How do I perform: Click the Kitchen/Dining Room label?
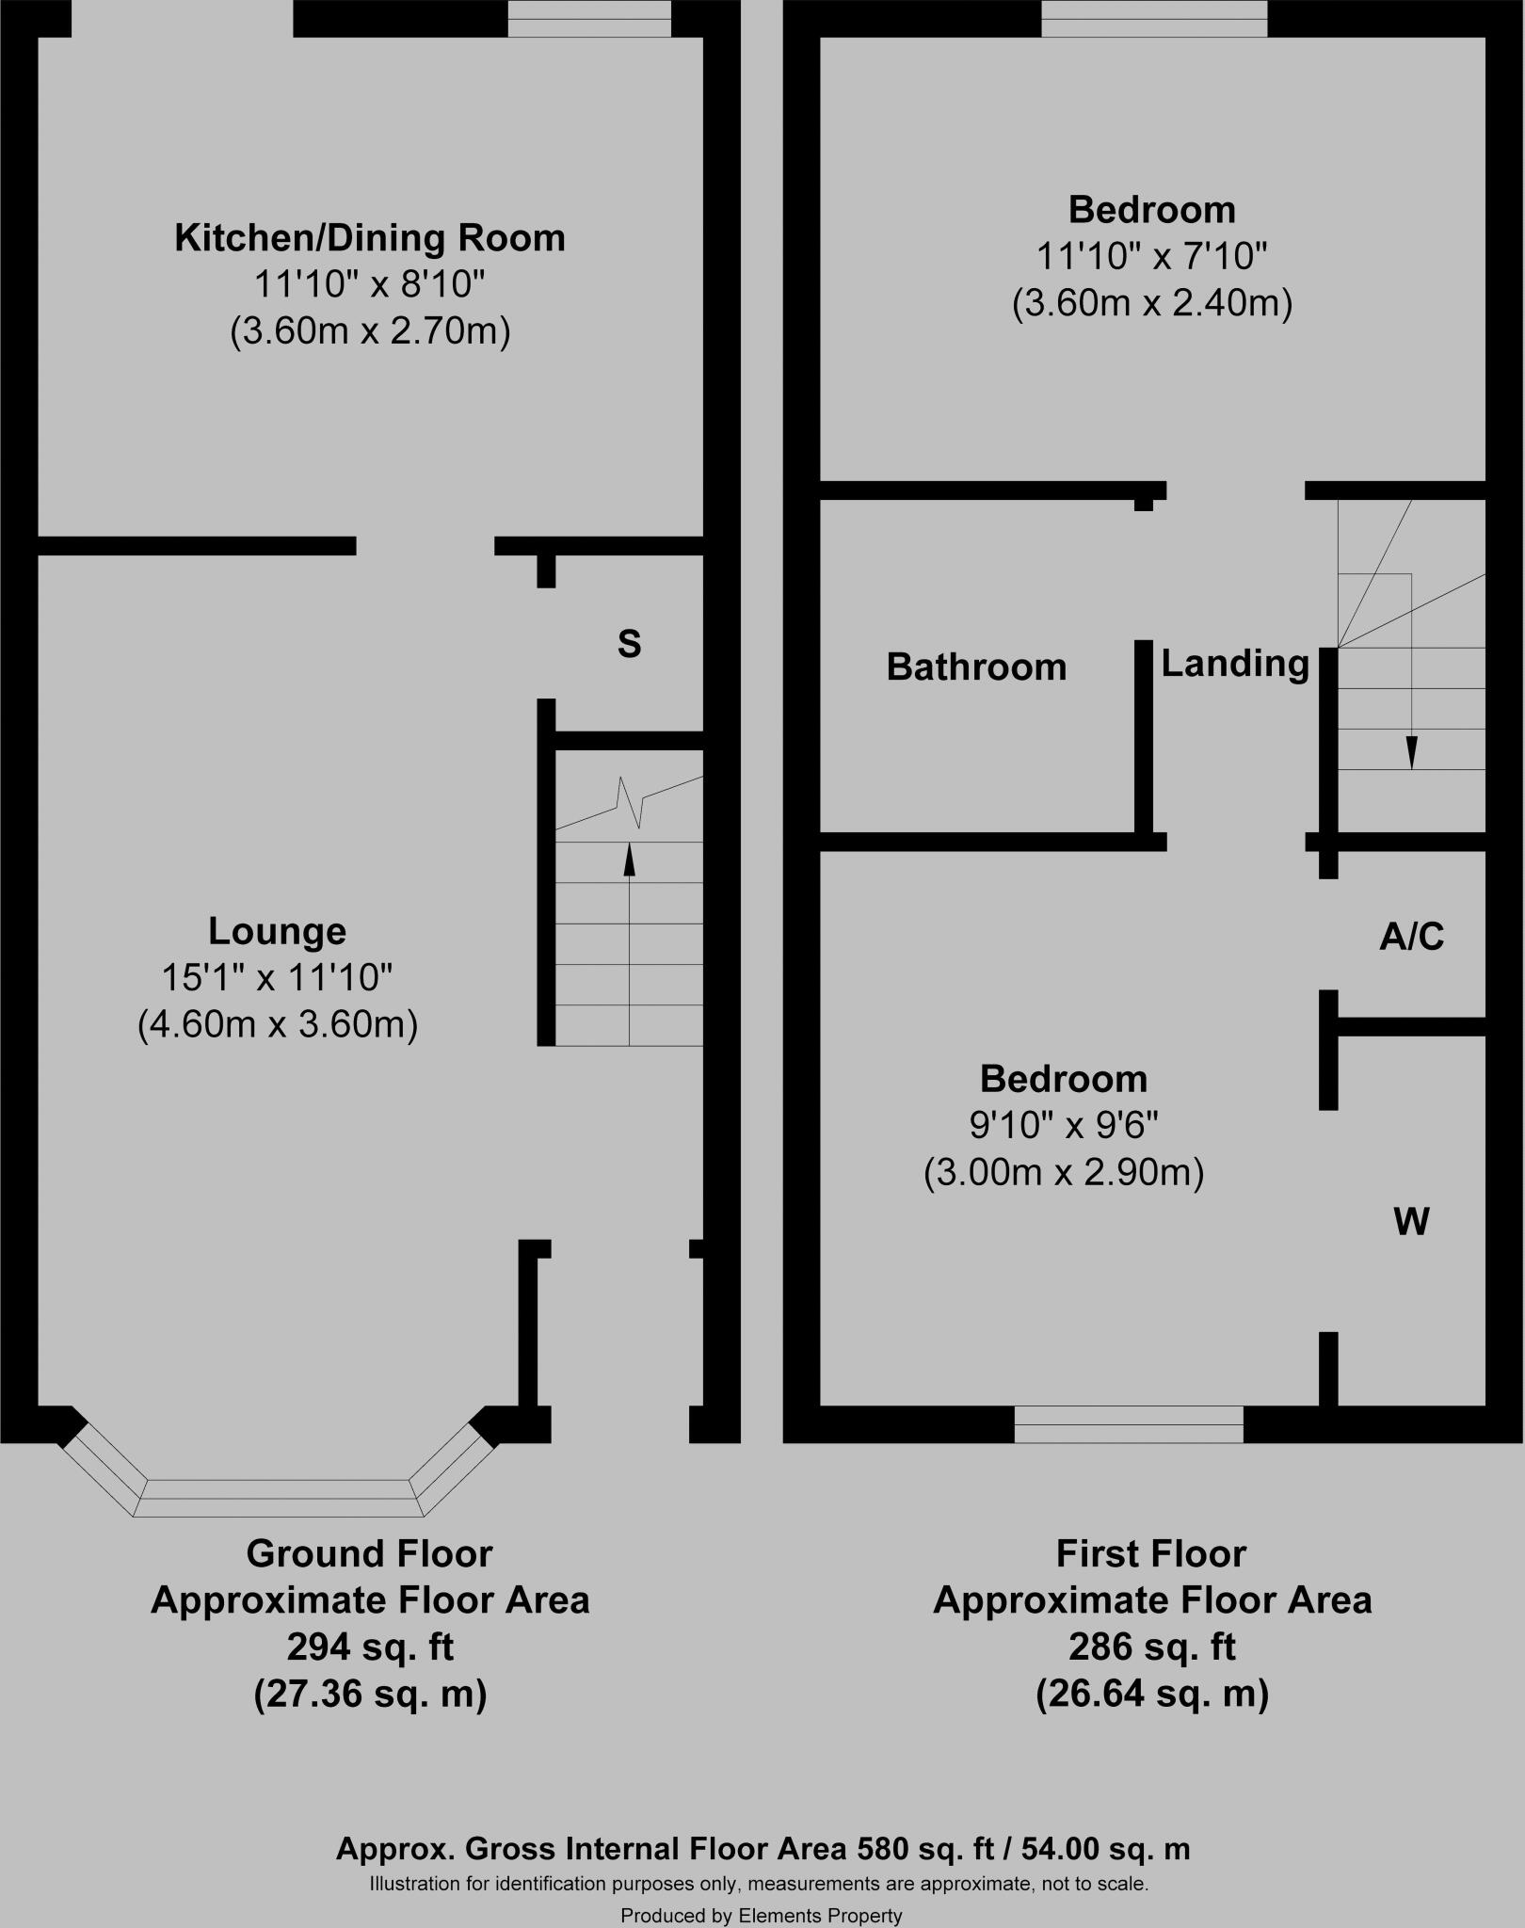370,238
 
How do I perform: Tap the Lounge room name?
277,931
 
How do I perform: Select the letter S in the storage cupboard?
629,645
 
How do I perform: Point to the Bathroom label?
976,667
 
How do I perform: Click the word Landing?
1235,664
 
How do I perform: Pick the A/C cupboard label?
1411,937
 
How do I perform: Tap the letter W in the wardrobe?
1411,1222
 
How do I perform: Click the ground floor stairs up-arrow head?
629,860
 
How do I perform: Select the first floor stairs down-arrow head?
1410,753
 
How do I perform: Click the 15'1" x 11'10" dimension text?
277,978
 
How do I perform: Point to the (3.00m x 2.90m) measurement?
1064,1173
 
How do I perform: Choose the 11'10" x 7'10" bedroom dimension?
1151,256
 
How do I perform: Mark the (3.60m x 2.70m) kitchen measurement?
370,331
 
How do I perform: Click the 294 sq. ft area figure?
370,1647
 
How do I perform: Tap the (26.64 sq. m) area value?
1151,1695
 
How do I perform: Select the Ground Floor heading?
370,1554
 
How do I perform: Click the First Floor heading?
1151,1554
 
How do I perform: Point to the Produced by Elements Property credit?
761,1916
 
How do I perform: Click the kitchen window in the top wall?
589,19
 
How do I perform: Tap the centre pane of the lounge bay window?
279,1498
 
